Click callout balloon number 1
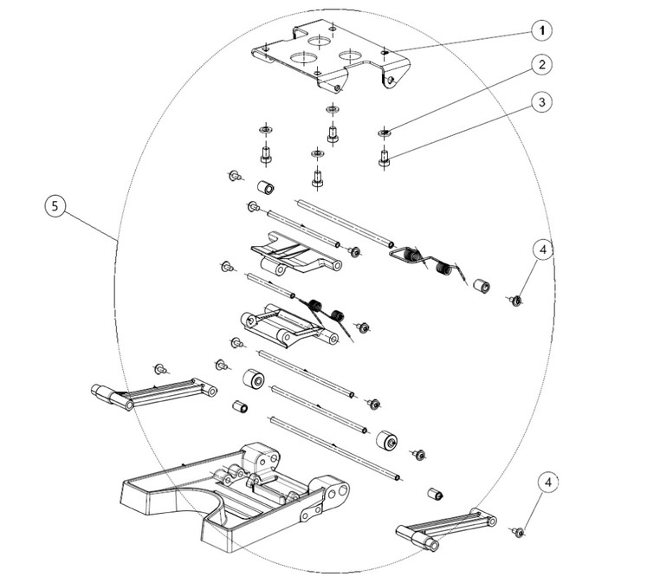[541, 30]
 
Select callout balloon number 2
[541, 65]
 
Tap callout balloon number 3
[541, 102]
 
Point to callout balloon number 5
[55, 205]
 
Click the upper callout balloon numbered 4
[542, 249]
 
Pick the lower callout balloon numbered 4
[547, 483]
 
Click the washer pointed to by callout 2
[385, 133]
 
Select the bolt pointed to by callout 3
[385, 159]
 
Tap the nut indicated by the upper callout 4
[515, 301]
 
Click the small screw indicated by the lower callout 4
[518, 532]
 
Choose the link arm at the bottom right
[446, 529]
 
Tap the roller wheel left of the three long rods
[254, 379]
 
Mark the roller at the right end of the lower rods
[387, 441]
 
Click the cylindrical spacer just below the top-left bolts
[266, 187]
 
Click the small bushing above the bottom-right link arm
[436, 493]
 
